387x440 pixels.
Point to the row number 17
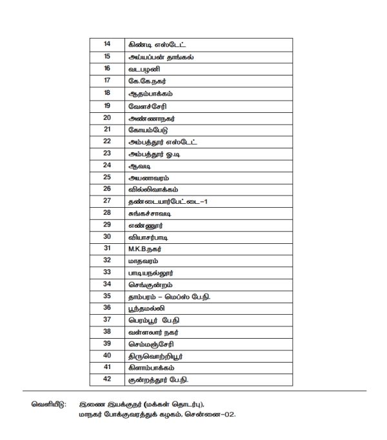108,81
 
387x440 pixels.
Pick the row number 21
108,129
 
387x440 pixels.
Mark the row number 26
108,189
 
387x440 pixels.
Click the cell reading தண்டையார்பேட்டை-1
168,201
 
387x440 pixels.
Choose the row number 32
108,261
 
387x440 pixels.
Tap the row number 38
108,332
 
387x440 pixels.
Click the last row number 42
108,379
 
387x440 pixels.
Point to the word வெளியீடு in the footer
48,404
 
